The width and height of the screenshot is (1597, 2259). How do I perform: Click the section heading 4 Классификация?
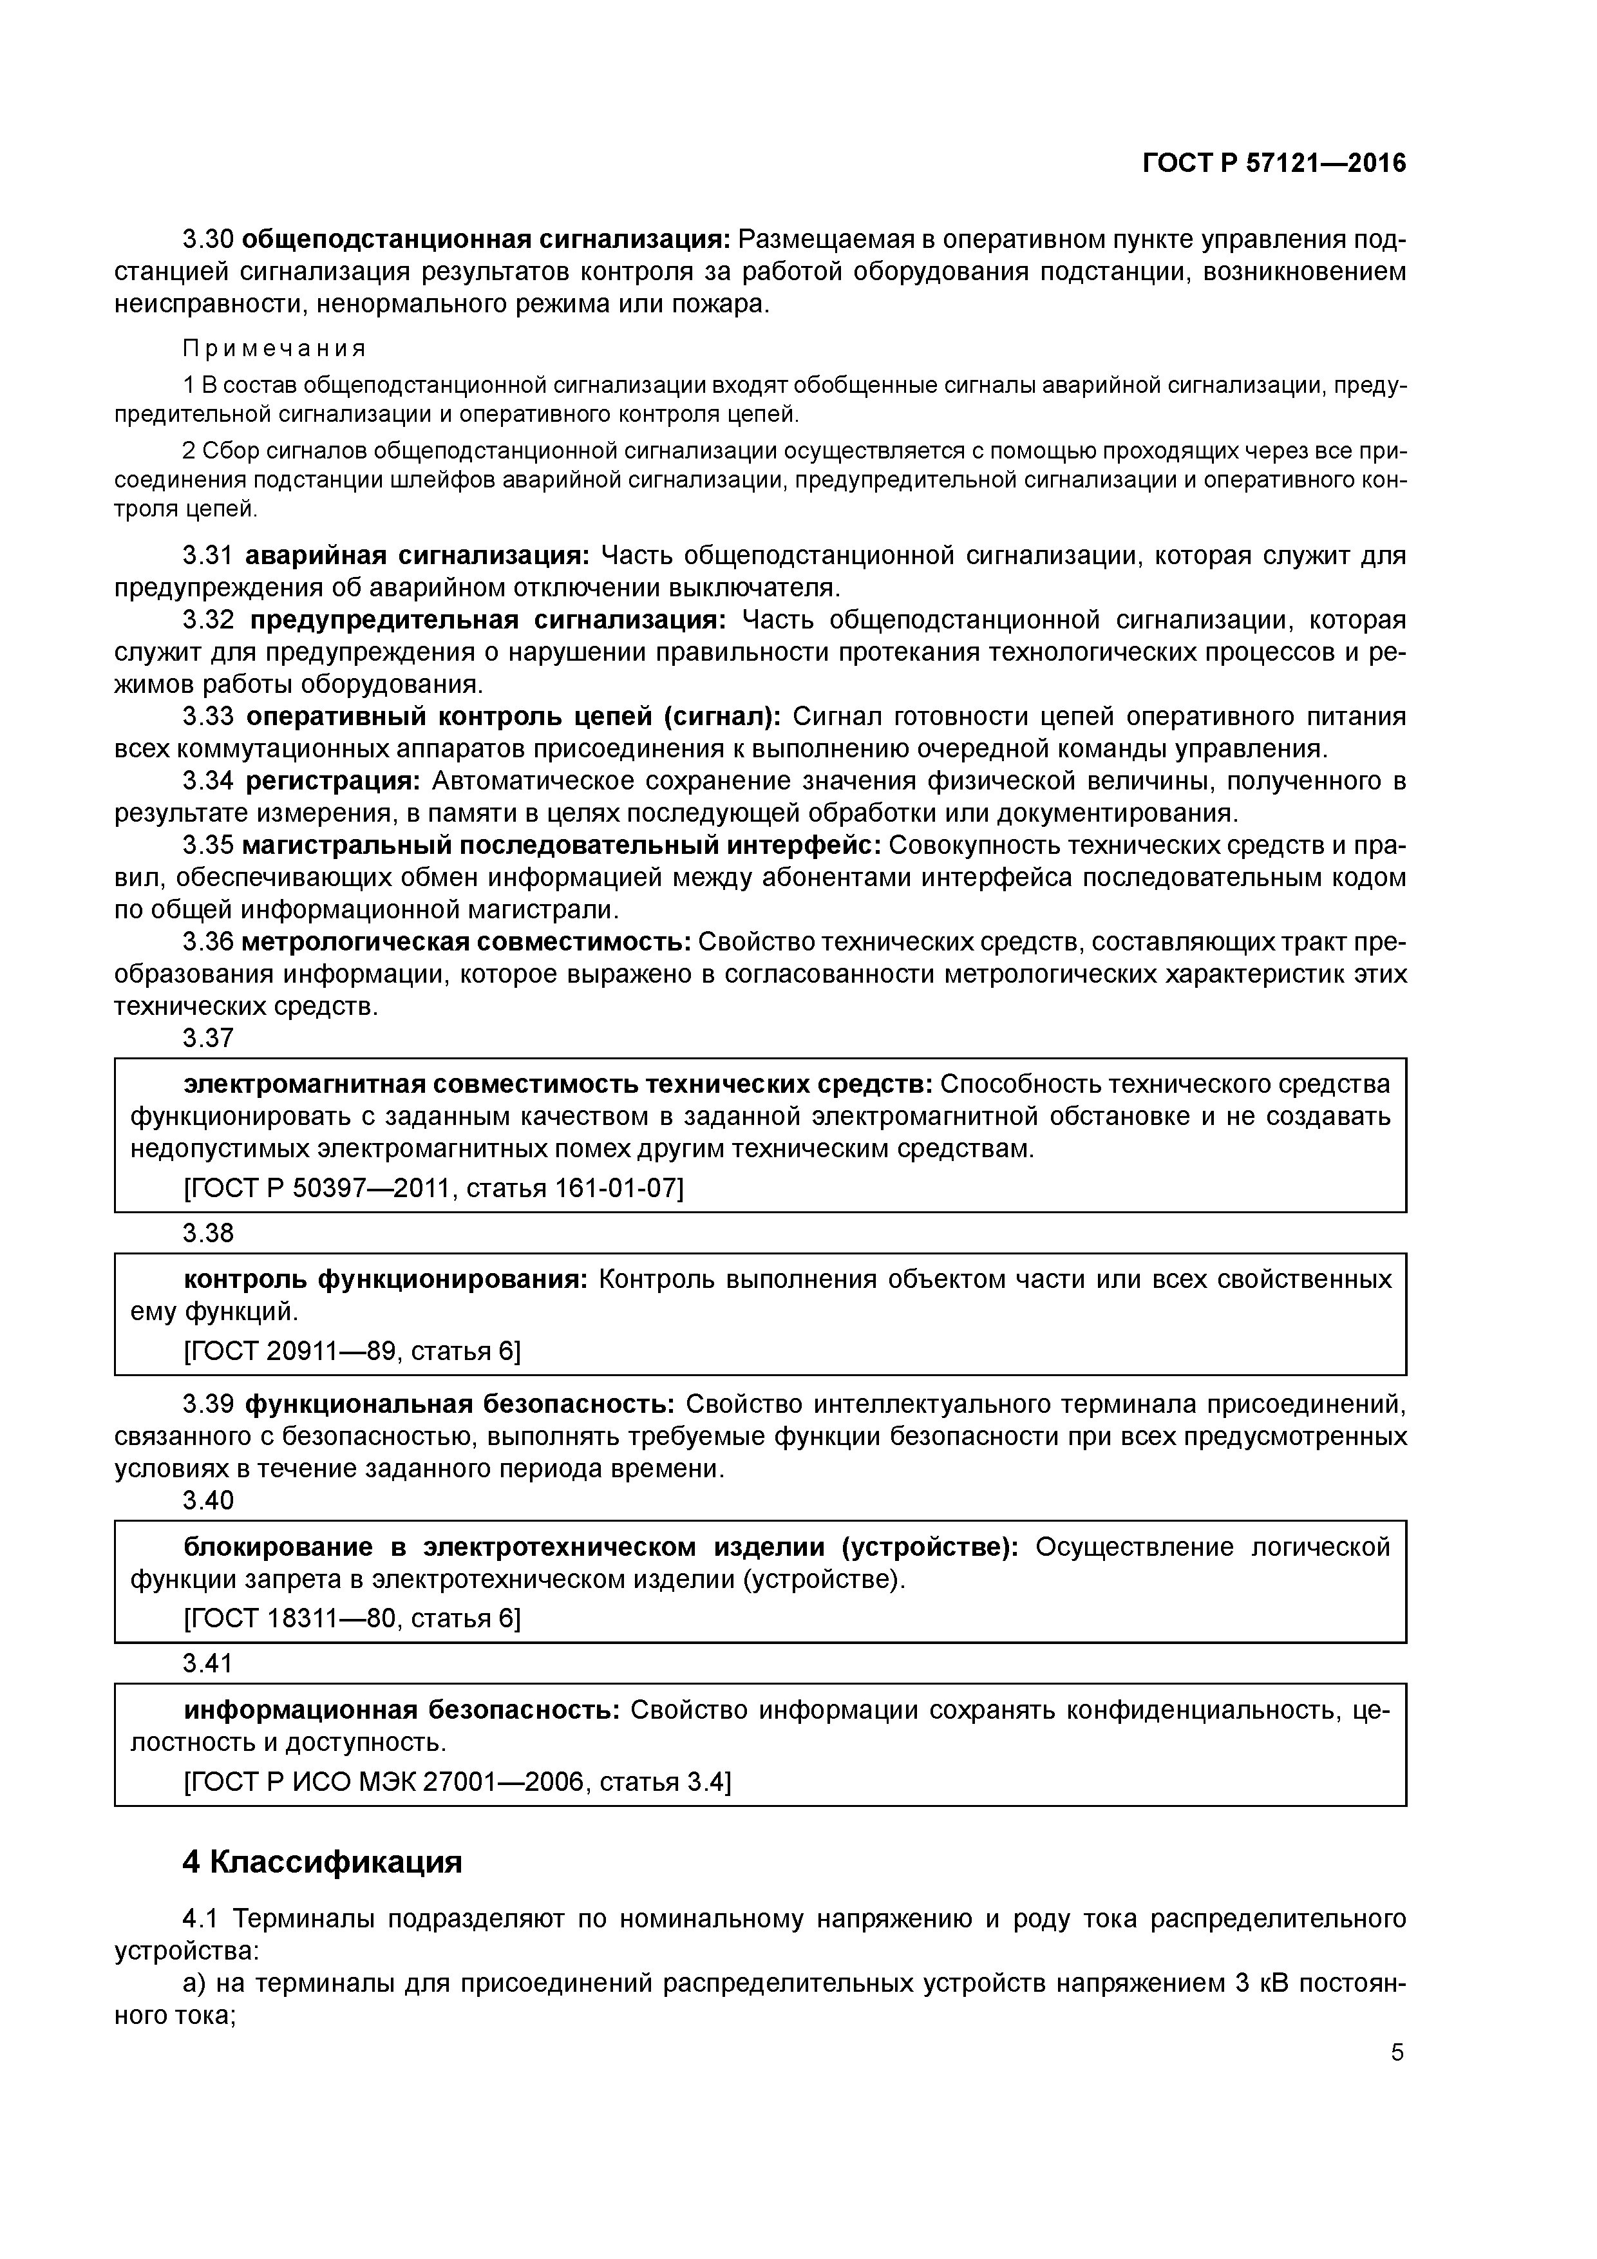pyautogui.click(x=322, y=1862)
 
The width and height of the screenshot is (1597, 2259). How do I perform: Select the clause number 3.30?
pyautogui.click(x=207, y=239)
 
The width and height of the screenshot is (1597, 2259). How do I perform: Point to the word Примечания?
pyautogui.click(x=274, y=348)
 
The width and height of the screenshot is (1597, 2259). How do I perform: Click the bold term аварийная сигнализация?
pyautogui.click(x=416, y=556)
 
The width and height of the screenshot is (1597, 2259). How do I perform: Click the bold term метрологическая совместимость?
pyautogui.click(x=466, y=941)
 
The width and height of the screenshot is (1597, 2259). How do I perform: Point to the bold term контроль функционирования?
pyautogui.click(x=386, y=1279)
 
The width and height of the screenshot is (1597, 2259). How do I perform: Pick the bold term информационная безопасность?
pyautogui.click(x=401, y=1710)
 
